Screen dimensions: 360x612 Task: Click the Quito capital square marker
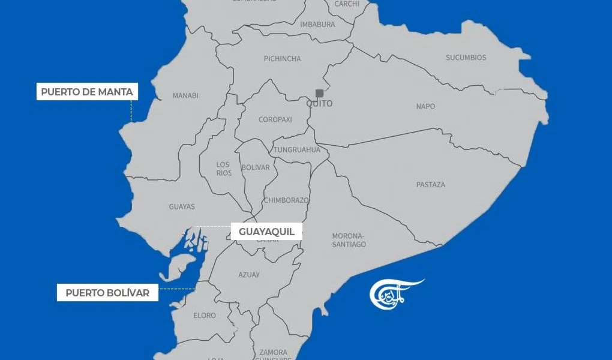(319, 93)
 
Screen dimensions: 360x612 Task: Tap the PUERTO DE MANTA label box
(87, 92)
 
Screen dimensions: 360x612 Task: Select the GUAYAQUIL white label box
(266, 232)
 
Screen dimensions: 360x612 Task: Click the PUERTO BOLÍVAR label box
(107, 293)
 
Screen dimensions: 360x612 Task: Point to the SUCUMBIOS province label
(466, 58)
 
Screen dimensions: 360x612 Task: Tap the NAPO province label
(425, 106)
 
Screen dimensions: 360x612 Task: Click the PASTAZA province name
(430, 185)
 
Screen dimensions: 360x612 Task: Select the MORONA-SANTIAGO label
(349, 240)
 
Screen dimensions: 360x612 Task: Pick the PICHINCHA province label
(282, 59)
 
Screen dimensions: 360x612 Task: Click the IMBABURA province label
(317, 25)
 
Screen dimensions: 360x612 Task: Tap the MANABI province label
(185, 95)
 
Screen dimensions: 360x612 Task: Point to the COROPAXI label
(275, 119)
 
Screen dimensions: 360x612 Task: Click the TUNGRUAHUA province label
(296, 150)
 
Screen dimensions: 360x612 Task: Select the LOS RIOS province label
(223, 169)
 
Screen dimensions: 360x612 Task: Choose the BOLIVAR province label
(255, 167)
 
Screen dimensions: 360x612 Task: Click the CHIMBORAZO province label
(286, 200)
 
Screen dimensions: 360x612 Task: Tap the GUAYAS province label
(182, 207)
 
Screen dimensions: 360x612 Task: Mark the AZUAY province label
(249, 275)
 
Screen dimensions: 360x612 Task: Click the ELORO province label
(205, 316)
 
